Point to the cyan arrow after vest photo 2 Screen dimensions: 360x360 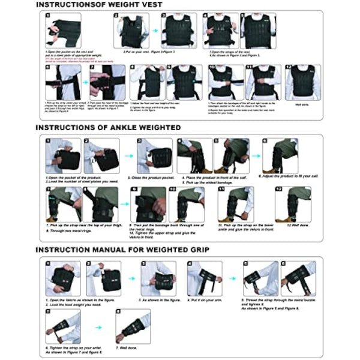tap(154, 30)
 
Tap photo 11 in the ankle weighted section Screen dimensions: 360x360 tap(235, 204)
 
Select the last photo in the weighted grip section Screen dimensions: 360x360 tap(133, 326)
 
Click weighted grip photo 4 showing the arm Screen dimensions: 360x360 tap(204, 278)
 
